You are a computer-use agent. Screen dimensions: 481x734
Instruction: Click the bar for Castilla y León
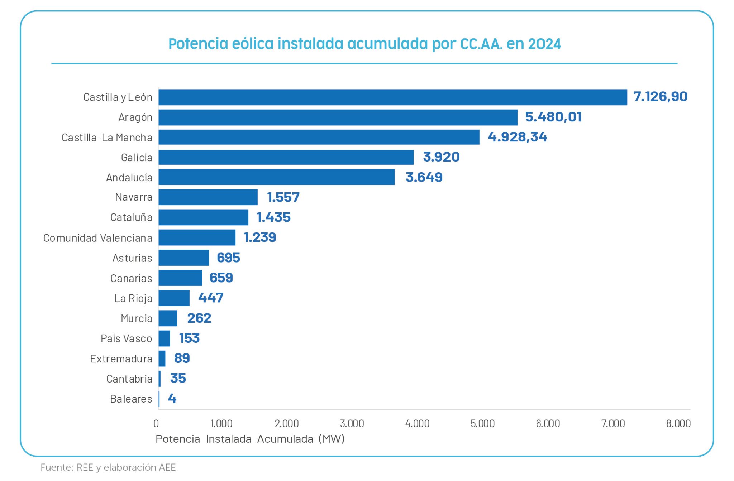point(392,97)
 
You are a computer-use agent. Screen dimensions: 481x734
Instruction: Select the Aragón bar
point(338,117)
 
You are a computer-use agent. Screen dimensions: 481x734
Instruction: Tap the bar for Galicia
point(286,157)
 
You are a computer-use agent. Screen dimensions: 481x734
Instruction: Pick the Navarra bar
point(208,197)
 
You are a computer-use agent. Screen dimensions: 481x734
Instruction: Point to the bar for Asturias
point(183,258)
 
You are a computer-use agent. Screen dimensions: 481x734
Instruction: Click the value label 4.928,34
point(517,137)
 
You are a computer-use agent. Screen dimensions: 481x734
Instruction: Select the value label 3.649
point(424,177)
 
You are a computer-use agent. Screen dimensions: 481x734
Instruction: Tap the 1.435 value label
point(273,217)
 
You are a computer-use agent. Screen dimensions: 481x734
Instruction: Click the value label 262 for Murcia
point(199,318)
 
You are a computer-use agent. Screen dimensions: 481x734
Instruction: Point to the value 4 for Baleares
point(172,399)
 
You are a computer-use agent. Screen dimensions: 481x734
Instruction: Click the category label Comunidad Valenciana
point(98,238)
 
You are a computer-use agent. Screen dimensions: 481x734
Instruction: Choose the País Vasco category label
point(126,338)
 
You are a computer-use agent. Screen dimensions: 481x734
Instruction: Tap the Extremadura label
point(121,359)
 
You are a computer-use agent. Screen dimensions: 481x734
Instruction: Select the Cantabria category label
point(129,379)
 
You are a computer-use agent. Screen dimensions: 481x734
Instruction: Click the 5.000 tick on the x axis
point(482,424)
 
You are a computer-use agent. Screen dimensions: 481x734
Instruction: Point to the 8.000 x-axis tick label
point(678,424)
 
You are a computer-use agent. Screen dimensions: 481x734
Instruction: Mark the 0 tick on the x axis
point(156,424)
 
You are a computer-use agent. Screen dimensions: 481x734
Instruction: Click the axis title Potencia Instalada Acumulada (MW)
point(250,439)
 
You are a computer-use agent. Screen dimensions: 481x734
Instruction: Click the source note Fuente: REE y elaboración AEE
point(108,468)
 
